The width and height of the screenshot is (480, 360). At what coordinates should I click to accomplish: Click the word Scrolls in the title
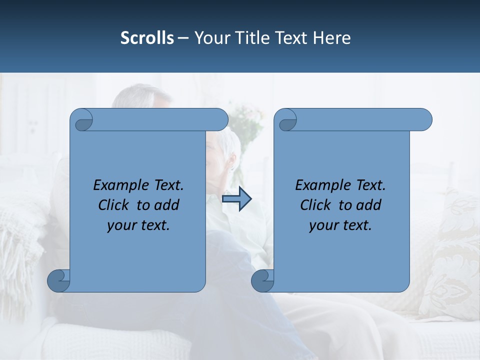[147, 38]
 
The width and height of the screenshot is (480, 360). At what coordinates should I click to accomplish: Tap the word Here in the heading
[332, 38]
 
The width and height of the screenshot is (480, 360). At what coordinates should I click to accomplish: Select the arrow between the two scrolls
[236, 199]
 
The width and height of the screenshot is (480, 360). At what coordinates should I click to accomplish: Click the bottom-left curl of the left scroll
[59, 280]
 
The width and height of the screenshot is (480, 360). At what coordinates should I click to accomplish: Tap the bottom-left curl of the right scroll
[263, 280]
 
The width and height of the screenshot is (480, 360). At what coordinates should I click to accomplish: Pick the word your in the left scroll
[122, 226]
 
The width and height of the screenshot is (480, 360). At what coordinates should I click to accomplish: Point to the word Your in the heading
[211, 38]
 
